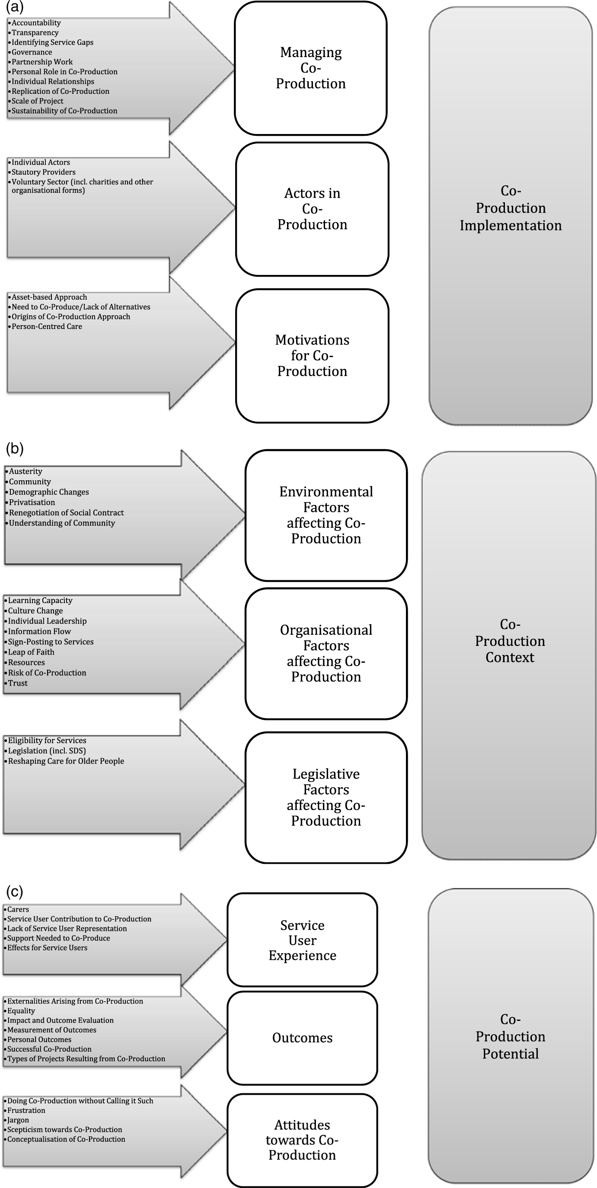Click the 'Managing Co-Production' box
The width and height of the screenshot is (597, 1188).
click(x=311, y=68)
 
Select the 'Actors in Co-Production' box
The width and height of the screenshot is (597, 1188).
click(x=312, y=209)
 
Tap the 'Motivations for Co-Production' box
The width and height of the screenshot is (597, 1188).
click(x=312, y=355)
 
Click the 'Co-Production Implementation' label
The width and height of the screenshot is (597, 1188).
click(x=511, y=208)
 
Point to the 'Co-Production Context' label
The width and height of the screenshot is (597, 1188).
click(x=509, y=641)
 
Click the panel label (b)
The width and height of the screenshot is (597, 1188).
click(x=15, y=448)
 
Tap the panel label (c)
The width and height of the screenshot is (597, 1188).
click(x=15, y=891)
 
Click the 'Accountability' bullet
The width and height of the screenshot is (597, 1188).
click(x=36, y=22)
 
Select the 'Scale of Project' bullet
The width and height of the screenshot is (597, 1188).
click(x=37, y=101)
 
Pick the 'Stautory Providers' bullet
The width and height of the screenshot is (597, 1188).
click(x=43, y=172)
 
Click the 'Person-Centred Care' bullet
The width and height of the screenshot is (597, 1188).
click(x=47, y=326)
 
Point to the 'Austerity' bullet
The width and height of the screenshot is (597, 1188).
click(x=26, y=471)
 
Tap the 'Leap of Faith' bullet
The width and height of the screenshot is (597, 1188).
click(x=31, y=652)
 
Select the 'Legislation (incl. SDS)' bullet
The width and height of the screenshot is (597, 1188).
click(x=47, y=751)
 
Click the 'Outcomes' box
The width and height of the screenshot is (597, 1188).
click(x=303, y=1038)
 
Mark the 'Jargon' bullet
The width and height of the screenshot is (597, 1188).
click(x=18, y=1120)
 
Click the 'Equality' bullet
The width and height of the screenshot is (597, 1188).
click(x=21, y=1010)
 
